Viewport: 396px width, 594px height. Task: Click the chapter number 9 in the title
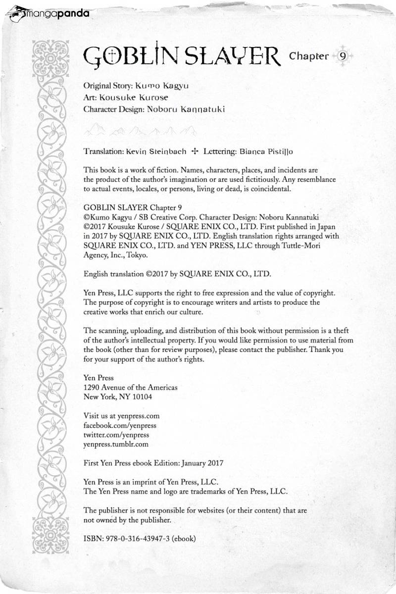[x=343, y=56]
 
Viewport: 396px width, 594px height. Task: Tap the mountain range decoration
[x=139, y=131]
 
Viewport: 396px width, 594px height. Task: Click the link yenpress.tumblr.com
[x=116, y=445]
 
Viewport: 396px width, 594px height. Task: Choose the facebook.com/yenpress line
[x=119, y=426]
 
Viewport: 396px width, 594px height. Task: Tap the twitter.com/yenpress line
[x=116, y=435]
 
